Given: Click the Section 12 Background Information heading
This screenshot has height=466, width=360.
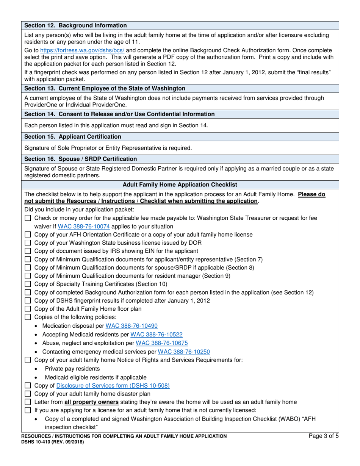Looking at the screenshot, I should (x=75, y=25).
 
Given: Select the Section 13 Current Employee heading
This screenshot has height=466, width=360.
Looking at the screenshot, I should (x=105, y=88).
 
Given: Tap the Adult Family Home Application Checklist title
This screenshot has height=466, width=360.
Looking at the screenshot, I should (x=180, y=185).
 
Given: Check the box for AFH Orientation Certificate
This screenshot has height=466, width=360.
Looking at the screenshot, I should (x=28, y=235).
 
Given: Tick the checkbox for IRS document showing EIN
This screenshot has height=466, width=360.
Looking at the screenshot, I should (x=28, y=251).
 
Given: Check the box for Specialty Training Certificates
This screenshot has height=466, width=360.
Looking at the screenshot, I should (x=28, y=284).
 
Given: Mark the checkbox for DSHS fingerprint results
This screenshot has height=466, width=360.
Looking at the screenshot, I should (x=28, y=301).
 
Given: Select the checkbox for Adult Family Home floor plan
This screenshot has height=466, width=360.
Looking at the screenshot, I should (x=28, y=309).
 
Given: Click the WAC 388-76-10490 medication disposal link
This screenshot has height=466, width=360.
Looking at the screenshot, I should (x=131, y=326).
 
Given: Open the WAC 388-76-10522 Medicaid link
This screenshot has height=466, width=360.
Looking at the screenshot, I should (x=156, y=335).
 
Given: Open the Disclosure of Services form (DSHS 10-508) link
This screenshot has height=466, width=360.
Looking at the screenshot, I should (x=113, y=386).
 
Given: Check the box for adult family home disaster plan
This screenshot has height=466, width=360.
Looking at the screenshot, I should (x=28, y=394).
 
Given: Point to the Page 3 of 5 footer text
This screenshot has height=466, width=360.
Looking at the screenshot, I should (x=324, y=436).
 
